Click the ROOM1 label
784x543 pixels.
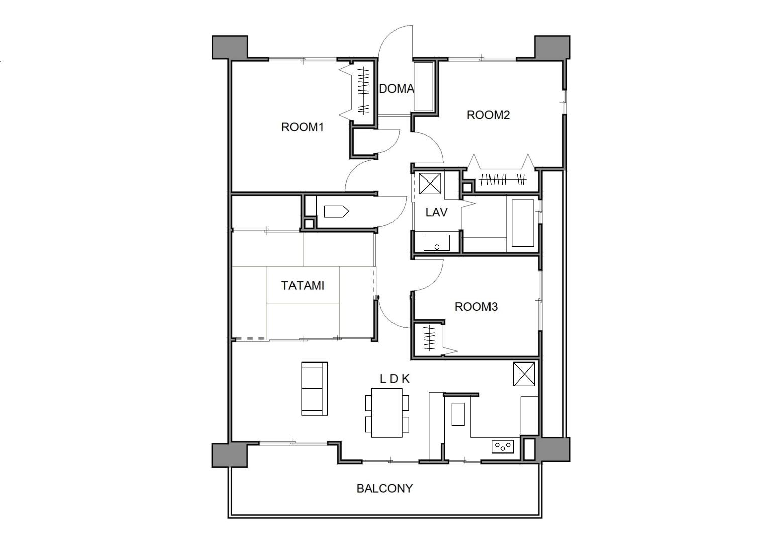tap(303, 127)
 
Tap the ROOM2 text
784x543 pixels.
tap(488, 115)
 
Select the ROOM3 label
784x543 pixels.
tap(476, 307)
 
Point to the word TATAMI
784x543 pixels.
tap(303, 286)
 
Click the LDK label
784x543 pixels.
tap(395, 379)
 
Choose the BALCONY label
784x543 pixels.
tap(384, 488)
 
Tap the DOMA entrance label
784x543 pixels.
tap(396, 88)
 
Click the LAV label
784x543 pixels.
tap(436, 212)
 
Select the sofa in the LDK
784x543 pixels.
tap(314, 389)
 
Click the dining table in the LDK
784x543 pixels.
tap(387, 413)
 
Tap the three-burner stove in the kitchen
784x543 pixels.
tap(503, 447)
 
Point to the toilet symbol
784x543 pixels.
tap(336, 212)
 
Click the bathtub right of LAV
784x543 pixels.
tap(523, 223)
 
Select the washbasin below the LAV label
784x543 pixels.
tap(436, 243)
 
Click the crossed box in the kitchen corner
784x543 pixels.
tap(524, 374)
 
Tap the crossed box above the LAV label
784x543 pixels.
tap(430, 184)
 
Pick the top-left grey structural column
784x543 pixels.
tap(230, 47)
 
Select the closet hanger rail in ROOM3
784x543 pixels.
tap(429, 338)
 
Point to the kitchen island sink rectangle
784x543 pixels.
tap(458, 414)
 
